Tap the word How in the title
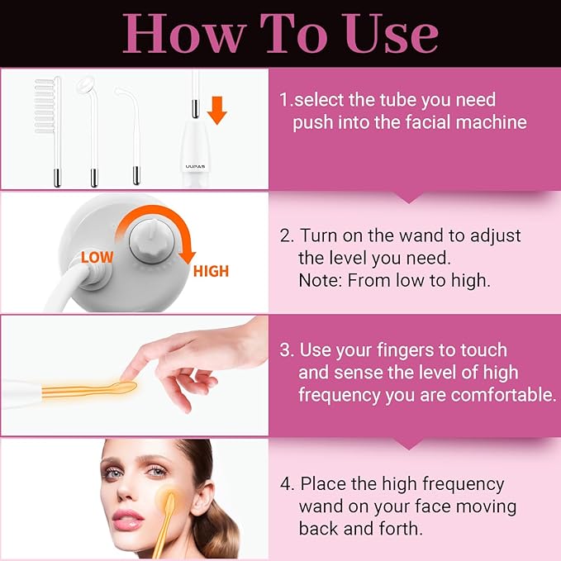(x=184, y=34)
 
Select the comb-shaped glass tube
(x=48, y=131)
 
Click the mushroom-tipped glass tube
(x=89, y=131)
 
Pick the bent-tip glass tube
(x=131, y=135)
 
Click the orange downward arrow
(x=216, y=110)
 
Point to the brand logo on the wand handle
(x=195, y=166)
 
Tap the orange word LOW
(x=97, y=257)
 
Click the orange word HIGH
(x=211, y=271)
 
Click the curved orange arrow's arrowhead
(x=187, y=257)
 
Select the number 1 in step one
(x=284, y=100)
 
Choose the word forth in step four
(x=401, y=529)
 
